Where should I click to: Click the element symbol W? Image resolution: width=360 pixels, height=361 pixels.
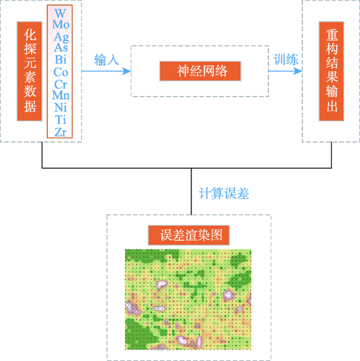click(60, 13)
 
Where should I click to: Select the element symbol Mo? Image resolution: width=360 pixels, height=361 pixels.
click(61, 24)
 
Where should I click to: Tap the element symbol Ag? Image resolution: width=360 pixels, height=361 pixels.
click(61, 37)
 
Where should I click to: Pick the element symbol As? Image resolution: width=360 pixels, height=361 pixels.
click(61, 48)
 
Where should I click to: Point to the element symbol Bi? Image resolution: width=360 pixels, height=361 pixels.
click(61, 60)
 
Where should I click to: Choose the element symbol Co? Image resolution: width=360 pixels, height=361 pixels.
click(61, 72)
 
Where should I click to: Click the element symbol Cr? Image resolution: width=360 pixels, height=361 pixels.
click(61, 84)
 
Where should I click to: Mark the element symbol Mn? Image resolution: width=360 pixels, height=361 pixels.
click(61, 95)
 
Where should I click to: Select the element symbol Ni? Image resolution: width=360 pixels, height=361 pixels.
click(60, 107)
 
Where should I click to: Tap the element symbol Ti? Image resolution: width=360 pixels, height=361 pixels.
click(60, 120)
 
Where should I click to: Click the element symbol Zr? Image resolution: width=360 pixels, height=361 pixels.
click(60, 132)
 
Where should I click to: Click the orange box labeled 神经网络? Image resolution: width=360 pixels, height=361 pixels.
click(200, 71)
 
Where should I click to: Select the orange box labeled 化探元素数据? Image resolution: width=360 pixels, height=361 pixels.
click(29, 72)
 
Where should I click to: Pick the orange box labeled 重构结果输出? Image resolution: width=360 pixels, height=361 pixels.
click(331, 72)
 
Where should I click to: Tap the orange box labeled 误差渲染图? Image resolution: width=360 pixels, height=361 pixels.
click(189, 235)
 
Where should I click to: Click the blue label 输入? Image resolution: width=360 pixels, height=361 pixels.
click(106, 60)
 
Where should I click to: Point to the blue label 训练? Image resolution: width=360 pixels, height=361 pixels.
click(286, 60)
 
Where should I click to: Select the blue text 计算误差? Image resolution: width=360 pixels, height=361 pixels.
click(224, 193)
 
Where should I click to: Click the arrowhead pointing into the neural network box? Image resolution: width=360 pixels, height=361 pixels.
click(127, 71)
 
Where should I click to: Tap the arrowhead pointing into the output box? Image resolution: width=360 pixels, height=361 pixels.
click(298, 71)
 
